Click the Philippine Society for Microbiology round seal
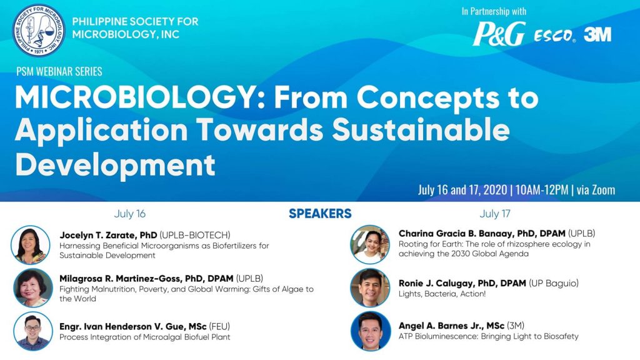(x=39, y=30)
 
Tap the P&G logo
(x=499, y=34)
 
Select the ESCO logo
(x=555, y=36)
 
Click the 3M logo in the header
(x=597, y=35)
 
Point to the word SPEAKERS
(x=320, y=214)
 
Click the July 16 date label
(x=130, y=214)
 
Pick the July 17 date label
(x=495, y=214)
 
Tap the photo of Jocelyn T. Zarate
(x=31, y=245)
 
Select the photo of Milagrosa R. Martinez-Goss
(x=32, y=287)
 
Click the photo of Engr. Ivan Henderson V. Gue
(x=32, y=331)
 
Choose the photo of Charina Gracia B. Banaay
(x=370, y=244)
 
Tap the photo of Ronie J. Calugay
(x=370, y=287)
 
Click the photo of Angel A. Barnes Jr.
(x=370, y=331)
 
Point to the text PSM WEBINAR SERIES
(x=59, y=71)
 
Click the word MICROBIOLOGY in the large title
(x=136, y=98)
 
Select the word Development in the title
(x=115, y=164)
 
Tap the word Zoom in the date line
(x=603, y=190)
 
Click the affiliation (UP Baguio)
(x=554, y=283)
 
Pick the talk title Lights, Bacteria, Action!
(x=442, y=294)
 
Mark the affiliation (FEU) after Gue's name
(x=219, y=326)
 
